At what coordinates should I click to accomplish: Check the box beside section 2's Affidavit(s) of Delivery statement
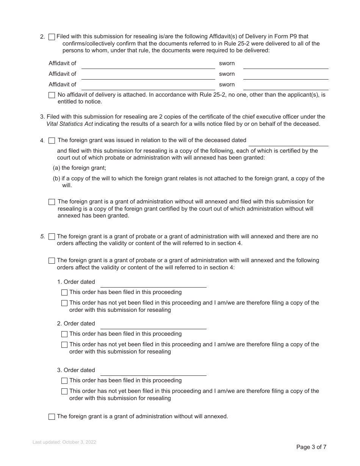(x=52, y=37)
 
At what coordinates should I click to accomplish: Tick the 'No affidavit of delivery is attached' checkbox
(x=52, y=95)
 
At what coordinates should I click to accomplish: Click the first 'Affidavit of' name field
(x=148, y=64)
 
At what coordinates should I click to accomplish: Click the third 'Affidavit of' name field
(x=148, y=85)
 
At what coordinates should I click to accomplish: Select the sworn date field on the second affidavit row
(x=285, y=75)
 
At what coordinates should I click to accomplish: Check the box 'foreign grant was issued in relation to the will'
(x=52, y=141)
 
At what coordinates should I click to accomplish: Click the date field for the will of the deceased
(x=288, y=141)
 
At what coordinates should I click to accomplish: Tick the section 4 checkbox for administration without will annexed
(x=52, y=202)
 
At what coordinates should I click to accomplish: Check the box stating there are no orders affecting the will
(x=52, y=237)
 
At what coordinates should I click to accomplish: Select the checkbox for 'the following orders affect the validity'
(x=52, y=261)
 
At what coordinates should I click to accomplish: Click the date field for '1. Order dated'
(x=153, y=283)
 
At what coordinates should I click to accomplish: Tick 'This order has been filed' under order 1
(x=64, y=292)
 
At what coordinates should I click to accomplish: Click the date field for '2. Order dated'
(x=153, y=324)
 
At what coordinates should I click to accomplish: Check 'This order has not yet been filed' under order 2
(x=64, y=345)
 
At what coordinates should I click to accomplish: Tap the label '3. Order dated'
(x=76, y=370)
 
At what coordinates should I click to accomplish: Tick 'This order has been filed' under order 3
(x=64, y=381)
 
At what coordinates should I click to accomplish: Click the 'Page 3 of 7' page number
(x=311, y=447)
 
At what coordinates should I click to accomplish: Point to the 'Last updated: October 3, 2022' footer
(x=64, y=442)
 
